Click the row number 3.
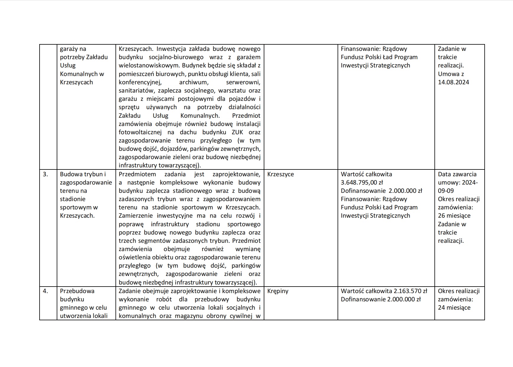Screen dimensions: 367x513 pos(45,174)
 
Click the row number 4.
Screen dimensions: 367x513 pos(45,291)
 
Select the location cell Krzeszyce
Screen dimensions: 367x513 pos(280,174)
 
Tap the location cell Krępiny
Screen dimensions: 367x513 pos(278,291)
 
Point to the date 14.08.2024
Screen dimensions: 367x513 pos(453,82)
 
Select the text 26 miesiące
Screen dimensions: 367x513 pos(454,216)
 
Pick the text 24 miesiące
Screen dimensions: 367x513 pos(454,308)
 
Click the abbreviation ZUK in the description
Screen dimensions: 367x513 pos(237,132)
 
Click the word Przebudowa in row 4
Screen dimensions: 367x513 pos(77,291)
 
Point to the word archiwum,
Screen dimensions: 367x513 pos(194,82)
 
